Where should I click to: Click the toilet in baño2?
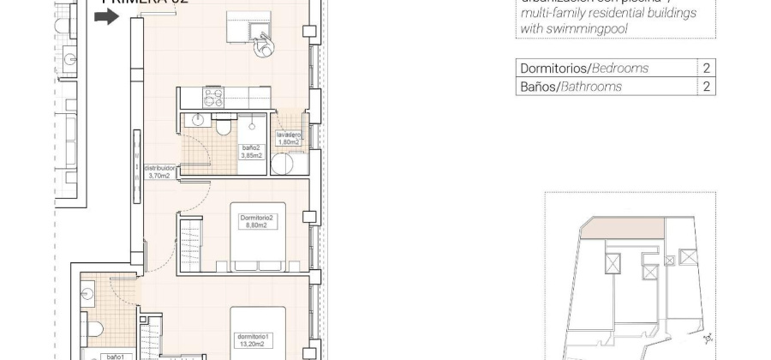[224, 127]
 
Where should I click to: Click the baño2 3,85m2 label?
[252, 153]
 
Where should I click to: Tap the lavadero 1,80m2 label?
[287, 139]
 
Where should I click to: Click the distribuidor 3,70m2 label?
[159, 172]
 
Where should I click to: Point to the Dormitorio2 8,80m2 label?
[256, 223]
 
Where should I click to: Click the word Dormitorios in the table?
[549, 69]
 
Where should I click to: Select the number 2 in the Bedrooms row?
[707, 69]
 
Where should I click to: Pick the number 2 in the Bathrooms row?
[707, 87]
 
